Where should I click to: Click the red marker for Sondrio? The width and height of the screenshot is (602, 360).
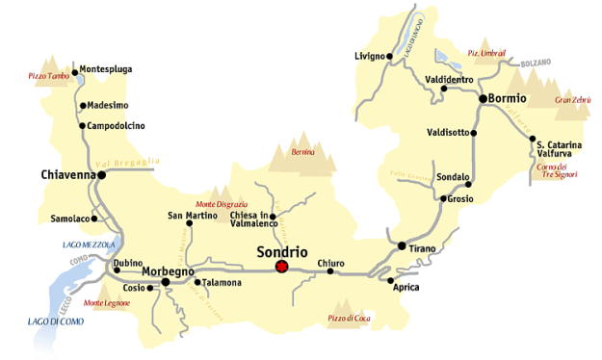coord(281,267)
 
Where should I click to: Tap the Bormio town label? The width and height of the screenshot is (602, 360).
coord(508,98)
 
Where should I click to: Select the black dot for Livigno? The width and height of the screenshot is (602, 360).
coord(389,56)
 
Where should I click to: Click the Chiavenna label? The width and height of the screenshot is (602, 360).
coord(68,175)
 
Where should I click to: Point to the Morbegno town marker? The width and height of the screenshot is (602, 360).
coord(166,282)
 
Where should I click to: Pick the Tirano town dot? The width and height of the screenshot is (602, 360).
coord(402,245)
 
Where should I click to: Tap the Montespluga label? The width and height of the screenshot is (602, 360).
coord(106,69)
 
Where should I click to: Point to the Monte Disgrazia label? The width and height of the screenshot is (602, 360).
coord(222,203)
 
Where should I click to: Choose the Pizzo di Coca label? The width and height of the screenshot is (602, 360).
coord(349,317)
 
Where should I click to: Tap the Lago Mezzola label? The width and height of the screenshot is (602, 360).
coord(89,245)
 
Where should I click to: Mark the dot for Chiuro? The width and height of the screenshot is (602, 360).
coord(329,271)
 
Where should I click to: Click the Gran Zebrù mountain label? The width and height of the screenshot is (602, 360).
coord(572,100)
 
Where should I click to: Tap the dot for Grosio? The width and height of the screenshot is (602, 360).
coord(441,199)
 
